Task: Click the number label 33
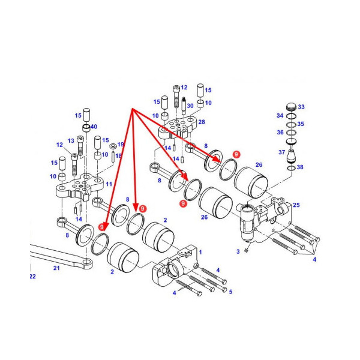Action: (x=301, y=107)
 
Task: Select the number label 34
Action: (x=280, y=115)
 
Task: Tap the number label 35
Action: (x=301, y=124)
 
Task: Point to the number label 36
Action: (x=280, y=133)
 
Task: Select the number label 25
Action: (x=296, y=206)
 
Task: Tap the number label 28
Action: (x=201, y=122)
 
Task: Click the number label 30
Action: (x=190, y=106)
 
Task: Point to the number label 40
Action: (x=94, y=127)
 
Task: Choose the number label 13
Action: (x=71, y=140)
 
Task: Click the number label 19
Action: (x=120, y=145)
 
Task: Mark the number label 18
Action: (x=118, y=156)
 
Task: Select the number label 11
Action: (x=109, y=185)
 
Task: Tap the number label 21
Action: (x=57, y=268)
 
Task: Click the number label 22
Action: (x=33, y=277)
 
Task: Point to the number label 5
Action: (x=231, y=292)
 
